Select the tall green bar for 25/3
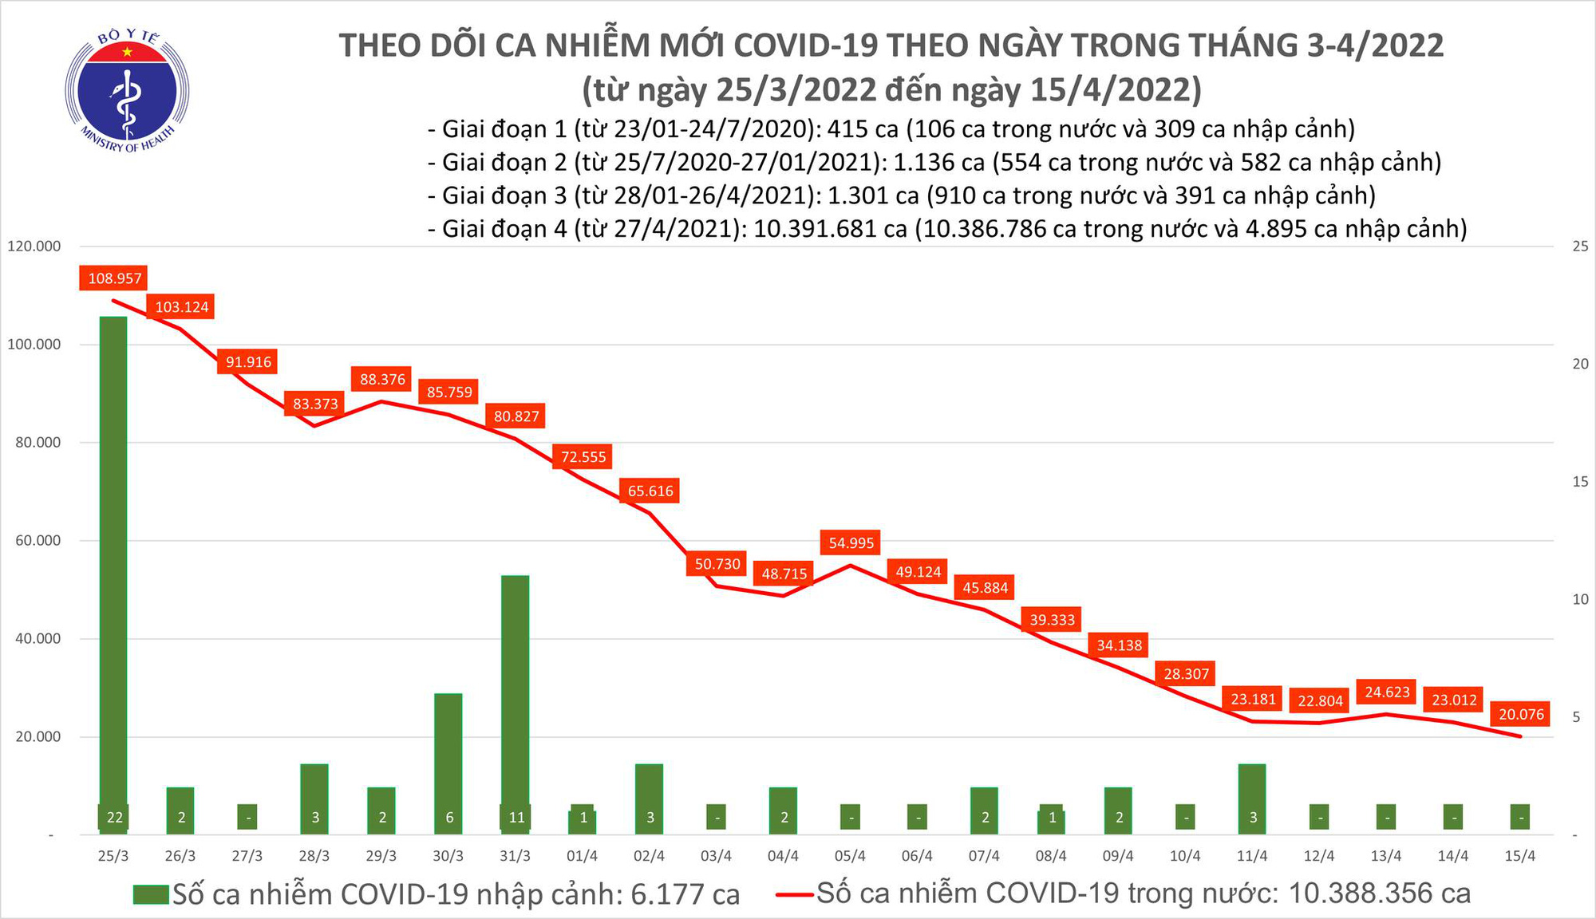click(113, 558)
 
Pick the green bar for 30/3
click(448, 750)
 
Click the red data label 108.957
click(114, 278)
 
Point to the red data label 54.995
click(851, 543)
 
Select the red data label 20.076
click(1521, 714)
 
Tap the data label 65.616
click(650, 491)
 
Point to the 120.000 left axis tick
click(34, 247)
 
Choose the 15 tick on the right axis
click(1579, 481)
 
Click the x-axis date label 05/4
click(850, 856)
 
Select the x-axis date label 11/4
click(1252, 856)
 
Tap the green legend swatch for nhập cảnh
click(151, 894)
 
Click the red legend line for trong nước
click(795, 894)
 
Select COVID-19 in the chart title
click(805, 45)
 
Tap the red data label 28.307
click(1186, 674)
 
